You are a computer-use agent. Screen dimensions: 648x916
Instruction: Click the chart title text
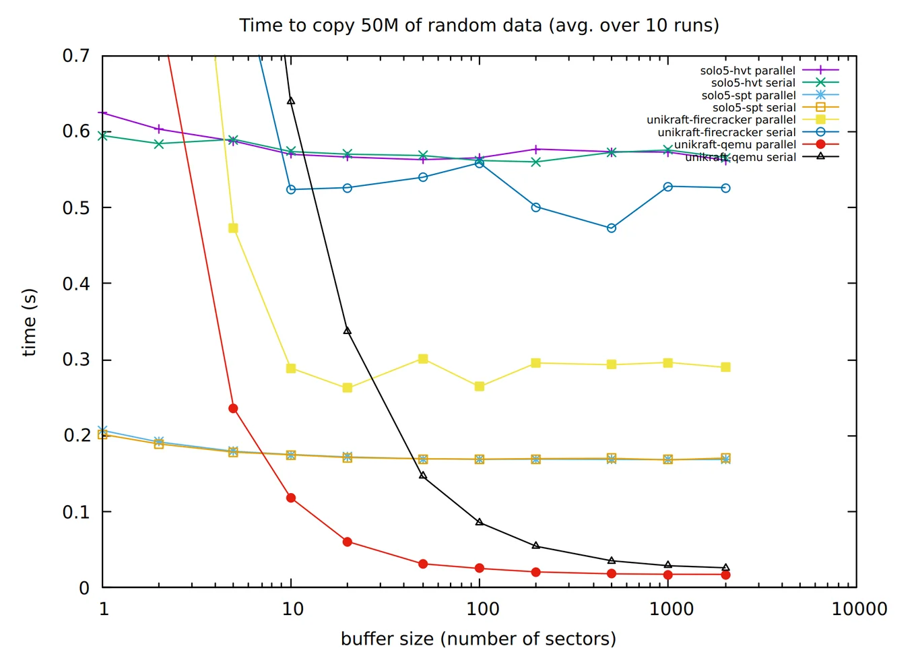[479, 26]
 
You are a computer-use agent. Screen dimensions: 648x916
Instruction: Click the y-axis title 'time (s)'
[29, 322]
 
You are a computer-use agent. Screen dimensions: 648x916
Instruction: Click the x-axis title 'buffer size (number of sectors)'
[478, 638]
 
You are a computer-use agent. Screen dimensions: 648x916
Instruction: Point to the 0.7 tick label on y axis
[76, 55]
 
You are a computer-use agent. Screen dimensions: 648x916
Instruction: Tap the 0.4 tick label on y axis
[76, 284]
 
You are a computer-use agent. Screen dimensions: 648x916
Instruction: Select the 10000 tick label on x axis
[859, 609]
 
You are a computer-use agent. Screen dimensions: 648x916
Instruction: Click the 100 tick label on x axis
[482, 609]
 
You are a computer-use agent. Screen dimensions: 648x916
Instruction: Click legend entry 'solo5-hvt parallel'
[748, 71]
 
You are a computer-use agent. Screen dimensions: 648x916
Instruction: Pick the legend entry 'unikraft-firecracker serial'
[726, 133]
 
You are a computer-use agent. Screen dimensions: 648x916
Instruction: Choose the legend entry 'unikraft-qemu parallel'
[735, 145]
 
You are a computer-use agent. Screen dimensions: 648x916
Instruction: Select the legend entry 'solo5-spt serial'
[754, 108]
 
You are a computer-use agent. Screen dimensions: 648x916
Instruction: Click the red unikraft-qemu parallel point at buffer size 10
[291, 498]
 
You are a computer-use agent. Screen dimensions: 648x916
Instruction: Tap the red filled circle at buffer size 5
[233, 408]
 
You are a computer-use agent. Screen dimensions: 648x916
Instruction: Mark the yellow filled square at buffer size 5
[233, 228]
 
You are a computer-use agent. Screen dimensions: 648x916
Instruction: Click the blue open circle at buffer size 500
[612, 228]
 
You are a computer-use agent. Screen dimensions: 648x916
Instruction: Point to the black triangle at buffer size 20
[348, 331]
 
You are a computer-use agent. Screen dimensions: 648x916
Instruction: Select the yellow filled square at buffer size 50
[423, 359]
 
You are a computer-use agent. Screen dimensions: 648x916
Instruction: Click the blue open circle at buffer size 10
[291, 189]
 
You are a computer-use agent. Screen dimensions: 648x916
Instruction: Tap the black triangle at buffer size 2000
[725, 568]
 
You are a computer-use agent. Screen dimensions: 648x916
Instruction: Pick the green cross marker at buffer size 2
[159, 143]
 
